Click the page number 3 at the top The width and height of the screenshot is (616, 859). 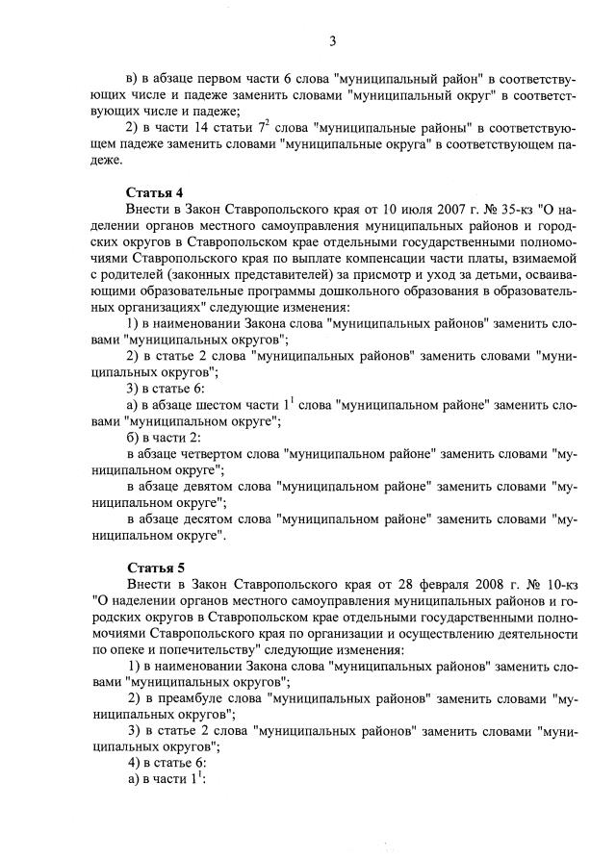pyautogui.click(x=332, y=39)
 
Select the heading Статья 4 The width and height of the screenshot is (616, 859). pyautogui.click(x=154, y=190)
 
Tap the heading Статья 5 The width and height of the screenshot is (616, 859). pyautogui.click(x=154, y=566)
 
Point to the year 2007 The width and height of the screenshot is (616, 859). pyautogui.click(x=448, y=209)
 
